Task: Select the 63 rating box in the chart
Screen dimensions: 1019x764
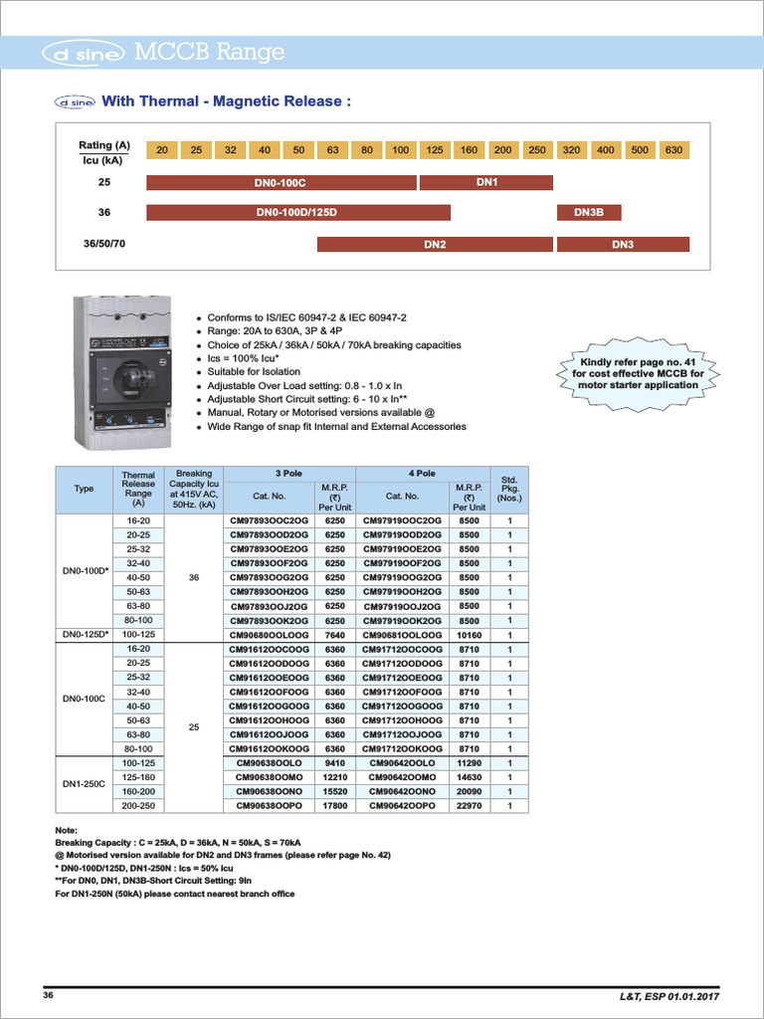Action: [332, 150]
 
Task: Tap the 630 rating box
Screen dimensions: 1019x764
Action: [673, 150]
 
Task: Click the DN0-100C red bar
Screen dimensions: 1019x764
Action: [281, 182]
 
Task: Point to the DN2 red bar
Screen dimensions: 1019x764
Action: [435, 244]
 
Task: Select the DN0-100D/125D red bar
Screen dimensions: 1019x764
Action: [297, 212]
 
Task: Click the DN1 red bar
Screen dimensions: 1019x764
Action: [486, 182]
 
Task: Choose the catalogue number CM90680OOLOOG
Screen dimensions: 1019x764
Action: [272, 634]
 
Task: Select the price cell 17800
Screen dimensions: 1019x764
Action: [334, 806]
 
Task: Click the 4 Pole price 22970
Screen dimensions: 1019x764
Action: [469, 806]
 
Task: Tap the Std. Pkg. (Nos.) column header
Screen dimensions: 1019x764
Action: [509, 489]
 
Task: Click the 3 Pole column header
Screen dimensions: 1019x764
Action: [288, 474]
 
